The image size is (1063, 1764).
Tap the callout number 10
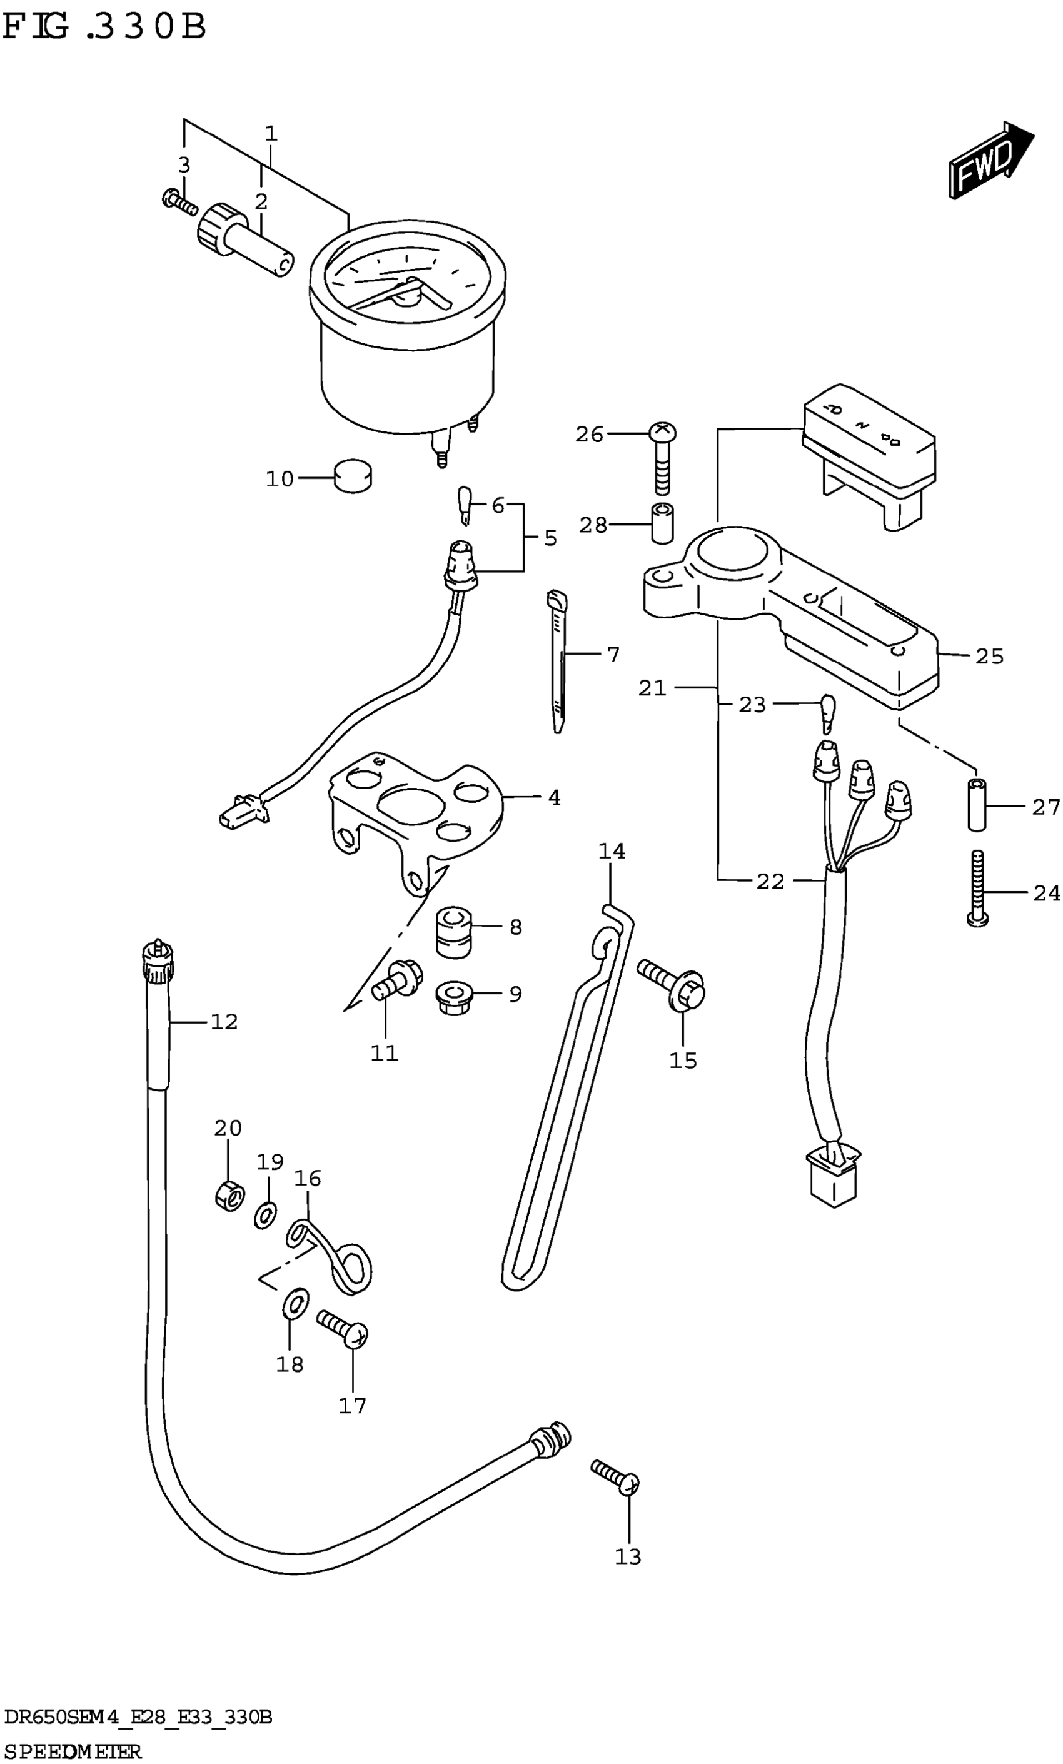279,479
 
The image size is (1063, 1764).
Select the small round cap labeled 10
353,475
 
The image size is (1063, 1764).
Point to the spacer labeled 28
663,524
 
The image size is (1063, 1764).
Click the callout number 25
989,656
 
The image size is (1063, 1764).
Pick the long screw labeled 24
978,888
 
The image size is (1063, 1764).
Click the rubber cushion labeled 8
454,930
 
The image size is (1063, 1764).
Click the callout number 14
612,851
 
